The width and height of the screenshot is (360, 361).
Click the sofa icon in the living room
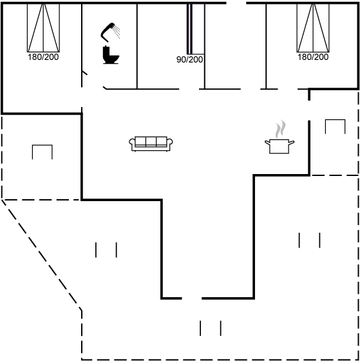151,144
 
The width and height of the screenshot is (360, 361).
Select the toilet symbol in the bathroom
111,55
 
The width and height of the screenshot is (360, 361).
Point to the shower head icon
110,32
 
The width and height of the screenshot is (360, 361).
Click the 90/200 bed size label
189,59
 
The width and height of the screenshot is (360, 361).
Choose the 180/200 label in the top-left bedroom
43,57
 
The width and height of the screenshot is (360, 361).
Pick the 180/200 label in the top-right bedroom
313,57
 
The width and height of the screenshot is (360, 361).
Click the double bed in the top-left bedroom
43,28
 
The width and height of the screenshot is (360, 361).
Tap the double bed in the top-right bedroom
313,28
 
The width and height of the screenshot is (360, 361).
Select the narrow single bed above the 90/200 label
196,29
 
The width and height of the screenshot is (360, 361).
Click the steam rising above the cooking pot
281,129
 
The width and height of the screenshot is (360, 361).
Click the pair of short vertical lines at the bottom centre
211,328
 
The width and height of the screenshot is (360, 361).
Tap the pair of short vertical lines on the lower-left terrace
106,250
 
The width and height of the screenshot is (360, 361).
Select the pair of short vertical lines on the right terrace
309,240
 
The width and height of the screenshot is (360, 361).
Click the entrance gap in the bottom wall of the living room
192,298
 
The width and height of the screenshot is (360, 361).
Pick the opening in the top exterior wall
236,3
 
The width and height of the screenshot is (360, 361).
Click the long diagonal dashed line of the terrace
41,255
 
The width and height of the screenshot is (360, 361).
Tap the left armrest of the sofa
131,141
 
